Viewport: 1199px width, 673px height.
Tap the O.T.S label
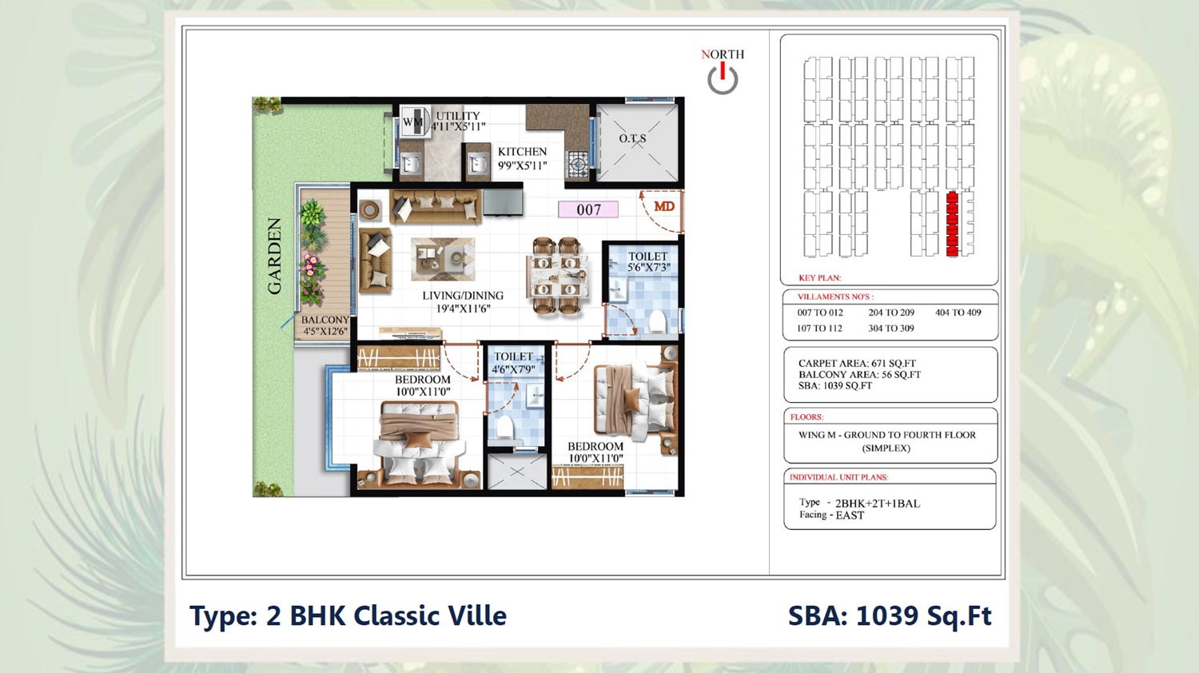click(x=633, y=138)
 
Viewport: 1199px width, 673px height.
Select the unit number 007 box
click(x=588, y=209)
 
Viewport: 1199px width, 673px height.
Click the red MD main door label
click(x=664, y=207)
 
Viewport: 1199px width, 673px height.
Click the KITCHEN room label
click(x=522, y=152)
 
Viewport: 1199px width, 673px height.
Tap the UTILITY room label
click(x=458, y=116)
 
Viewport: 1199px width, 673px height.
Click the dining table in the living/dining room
click(x=556, y=277)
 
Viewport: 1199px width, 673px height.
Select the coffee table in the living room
click(x=443, y=259)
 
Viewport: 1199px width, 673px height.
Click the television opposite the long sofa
click(x=503, y=202)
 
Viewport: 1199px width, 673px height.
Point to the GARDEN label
click(x=275, y=257)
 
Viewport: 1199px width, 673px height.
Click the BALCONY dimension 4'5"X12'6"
click(x=325, y=332)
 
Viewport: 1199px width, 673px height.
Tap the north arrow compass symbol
click(x=723, y=78)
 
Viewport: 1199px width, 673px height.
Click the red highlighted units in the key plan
click(x=952, y=225)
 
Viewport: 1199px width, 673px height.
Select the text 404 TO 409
click(x=958, y=313)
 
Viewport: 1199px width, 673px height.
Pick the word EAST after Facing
click(x=850, y=516)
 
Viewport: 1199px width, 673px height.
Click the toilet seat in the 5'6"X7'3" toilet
click(x=657, y=322)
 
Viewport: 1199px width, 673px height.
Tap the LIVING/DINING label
click(x=463, y=296)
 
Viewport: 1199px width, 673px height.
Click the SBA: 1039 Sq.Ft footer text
click(x=890, y=615)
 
